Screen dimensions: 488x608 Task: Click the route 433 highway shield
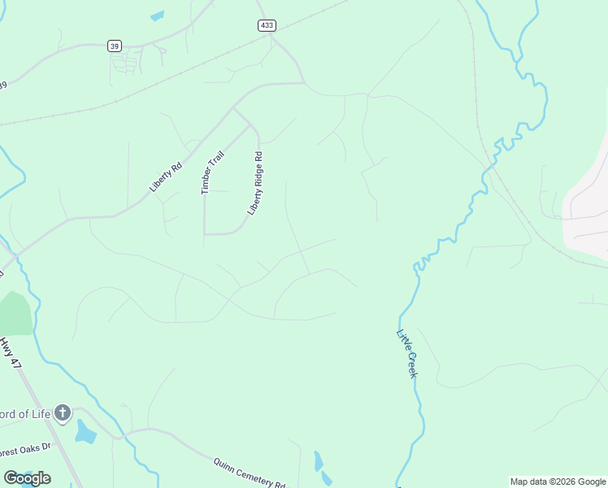[x=266, y=25]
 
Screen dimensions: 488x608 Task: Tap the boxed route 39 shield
[x=115, y=46]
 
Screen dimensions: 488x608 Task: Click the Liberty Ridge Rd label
[x=256, y=182]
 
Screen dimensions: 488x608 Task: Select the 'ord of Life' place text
[x=26, y=414]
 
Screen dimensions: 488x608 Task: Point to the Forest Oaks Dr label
[x=24, y=447]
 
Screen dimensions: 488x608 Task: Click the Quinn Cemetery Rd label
[x=250, y=472]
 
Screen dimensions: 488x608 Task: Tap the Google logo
[x=27, y=478]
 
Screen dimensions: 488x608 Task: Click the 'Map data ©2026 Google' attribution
[x=558, y=481]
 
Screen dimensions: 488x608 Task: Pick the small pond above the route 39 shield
[x=157, y=15]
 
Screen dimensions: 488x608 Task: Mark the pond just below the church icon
[x=85, y=432]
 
